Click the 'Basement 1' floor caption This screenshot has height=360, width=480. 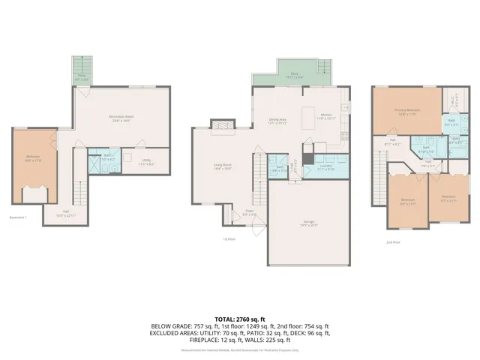[x=18, y=217]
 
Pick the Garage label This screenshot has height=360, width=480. [x=308, y=223]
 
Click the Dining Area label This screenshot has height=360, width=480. [x=279, y=122]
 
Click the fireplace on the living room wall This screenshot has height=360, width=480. [x=221, y=127]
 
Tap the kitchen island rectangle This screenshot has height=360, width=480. [x=309, y=118]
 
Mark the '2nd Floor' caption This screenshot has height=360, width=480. [x=393, y=243]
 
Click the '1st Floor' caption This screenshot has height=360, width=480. [x=229, y=239]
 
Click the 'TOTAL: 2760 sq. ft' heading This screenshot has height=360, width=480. [x=240, y=319]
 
